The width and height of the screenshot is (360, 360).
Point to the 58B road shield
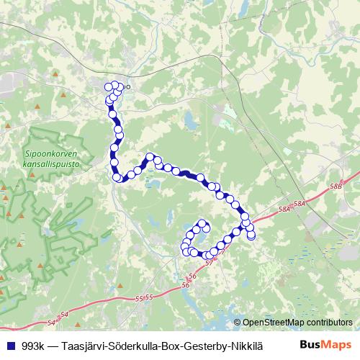click(336, 186)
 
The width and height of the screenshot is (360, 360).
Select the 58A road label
click(284, 208)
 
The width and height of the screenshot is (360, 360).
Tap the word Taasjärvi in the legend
click(85, 345)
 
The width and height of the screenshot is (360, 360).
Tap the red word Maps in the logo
click(336, 345)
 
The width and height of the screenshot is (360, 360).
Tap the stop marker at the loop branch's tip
click(203, 223)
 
